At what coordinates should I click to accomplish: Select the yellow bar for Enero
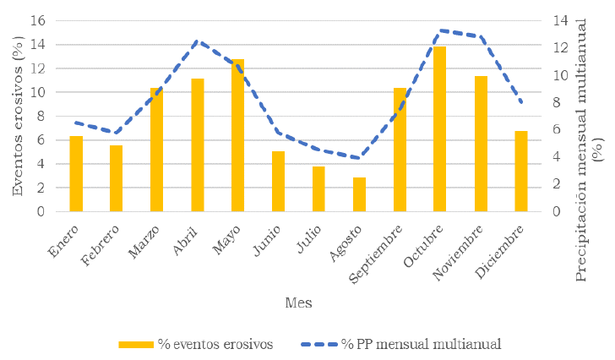point(76,173)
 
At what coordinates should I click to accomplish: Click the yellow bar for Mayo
point(238,135)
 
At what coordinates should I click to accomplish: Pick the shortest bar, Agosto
point(359,194)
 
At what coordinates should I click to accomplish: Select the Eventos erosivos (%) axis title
point(17,116)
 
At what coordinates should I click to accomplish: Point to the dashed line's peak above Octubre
point(440,30)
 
